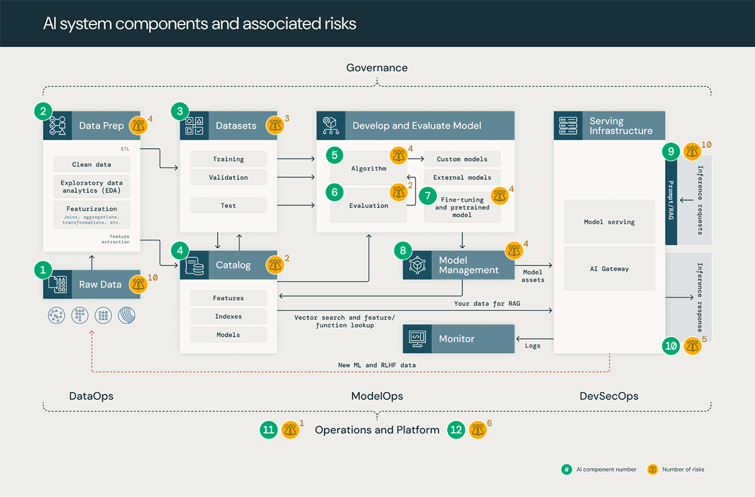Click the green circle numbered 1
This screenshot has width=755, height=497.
coord(43,271)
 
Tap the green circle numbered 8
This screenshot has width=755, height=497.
coord(403,251)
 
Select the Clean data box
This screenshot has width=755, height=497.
coord(91,164)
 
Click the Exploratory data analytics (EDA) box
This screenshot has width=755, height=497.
coord(91,186)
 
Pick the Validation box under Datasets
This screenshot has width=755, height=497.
coord(228,177)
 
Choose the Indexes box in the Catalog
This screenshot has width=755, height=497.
coord(228,316)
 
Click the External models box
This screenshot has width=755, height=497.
coord(462,177)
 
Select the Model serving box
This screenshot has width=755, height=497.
coord(609,222)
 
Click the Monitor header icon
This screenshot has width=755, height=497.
coord(416,338)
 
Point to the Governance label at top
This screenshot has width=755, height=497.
coord(377,68)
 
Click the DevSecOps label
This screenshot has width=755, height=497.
coord(608,396)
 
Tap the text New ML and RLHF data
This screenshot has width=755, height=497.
coord(377,365)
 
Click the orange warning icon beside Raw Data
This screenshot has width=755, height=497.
coord(138,284)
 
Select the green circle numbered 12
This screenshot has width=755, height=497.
coord(457,430)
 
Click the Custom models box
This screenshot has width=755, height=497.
coord(462,159)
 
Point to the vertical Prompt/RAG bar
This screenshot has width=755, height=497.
coord(671,201)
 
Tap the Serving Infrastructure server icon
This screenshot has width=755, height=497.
coord(568,125)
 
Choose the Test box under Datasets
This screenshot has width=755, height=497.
coord(228,206)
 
